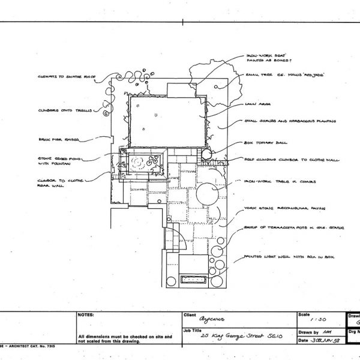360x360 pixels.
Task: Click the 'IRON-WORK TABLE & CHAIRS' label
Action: [x=277, y=180]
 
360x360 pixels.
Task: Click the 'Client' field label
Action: [x=188, y=314]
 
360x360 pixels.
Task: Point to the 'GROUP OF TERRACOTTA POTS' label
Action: [x=280, y=229]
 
